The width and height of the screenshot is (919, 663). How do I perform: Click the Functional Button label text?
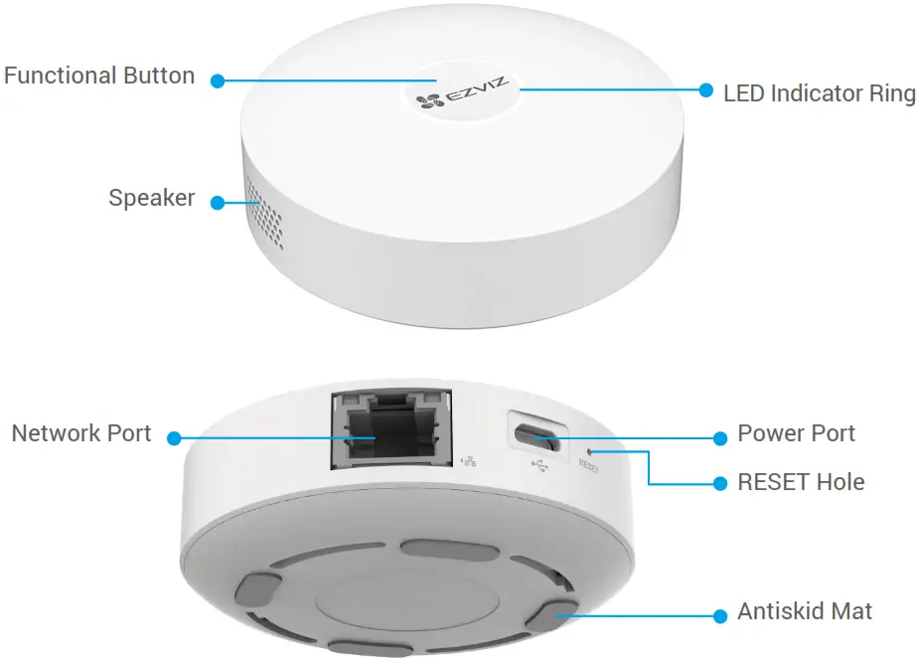[x=99, y=76]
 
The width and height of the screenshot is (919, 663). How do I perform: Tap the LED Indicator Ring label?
[x=819, y=93]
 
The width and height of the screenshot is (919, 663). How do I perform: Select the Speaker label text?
[x=151, y=198]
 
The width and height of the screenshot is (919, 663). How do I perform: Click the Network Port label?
[x=81, y=433]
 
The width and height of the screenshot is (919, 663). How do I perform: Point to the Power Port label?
[x=796, y=433]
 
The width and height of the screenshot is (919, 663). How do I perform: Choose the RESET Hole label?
[x=801, y=482]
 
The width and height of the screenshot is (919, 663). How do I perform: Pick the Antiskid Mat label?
[x=805, y=611]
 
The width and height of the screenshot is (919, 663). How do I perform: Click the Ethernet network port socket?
[x=391, y=430]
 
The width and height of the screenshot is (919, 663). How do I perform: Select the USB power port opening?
[x=536, y=433]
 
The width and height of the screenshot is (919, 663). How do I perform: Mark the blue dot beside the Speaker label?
[x=217, y=201]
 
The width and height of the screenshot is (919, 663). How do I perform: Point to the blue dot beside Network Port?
[x=173, y=437]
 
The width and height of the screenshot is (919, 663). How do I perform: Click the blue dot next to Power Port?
[x=721, y=437]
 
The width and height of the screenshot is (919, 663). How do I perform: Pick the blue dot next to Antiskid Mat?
[x=721, y=615]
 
